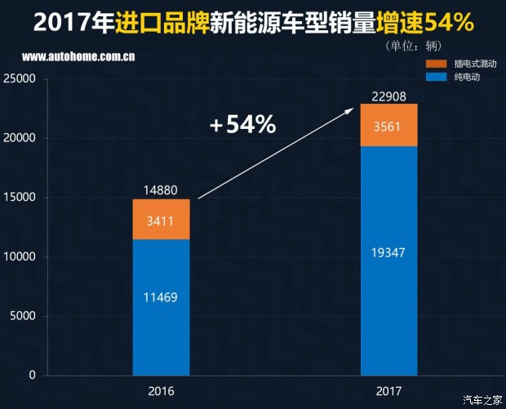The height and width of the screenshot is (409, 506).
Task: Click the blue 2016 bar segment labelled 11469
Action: click(161, 307)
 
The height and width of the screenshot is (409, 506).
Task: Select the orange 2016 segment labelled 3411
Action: click(161, 219)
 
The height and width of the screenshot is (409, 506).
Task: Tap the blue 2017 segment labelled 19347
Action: click(389, 260)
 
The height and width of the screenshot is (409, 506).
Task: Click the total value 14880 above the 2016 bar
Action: click(161, 189)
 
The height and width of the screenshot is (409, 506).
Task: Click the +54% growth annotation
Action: click(242, 126)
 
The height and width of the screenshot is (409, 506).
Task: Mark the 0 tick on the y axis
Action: click(33, 376)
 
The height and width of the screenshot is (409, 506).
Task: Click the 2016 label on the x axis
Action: click(161, 391)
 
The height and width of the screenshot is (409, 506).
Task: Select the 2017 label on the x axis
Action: click(389, 391)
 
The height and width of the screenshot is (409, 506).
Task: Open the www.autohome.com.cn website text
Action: click(78, 58)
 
